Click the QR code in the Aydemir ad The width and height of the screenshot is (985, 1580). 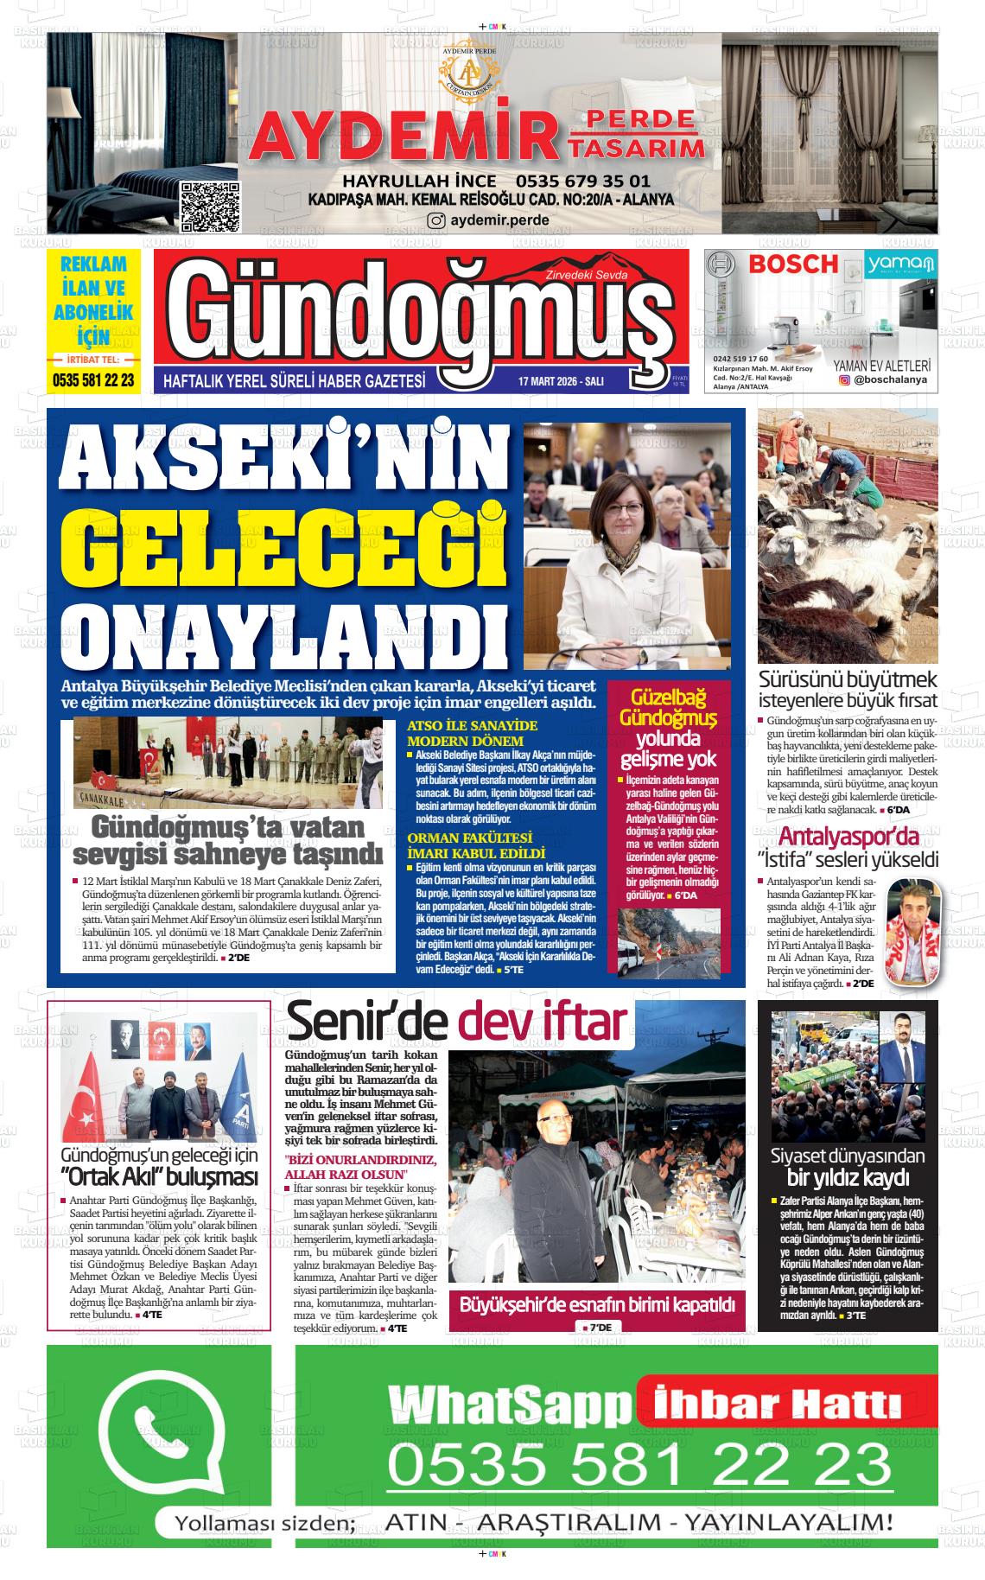pyautogui.click(x=209, y=208)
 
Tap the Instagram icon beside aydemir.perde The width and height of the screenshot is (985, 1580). pyautogui.click(x=437, y=220)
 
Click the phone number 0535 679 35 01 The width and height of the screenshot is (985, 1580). pyautogui.click(x=582, y=182)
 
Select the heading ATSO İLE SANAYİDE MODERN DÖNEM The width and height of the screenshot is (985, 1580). pyautogui.click(x=472, y=733)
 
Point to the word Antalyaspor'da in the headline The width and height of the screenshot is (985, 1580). pyautogui.click(x=848, y=838)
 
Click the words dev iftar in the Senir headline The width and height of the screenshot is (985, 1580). pyautogui.click(x=542, y=1023)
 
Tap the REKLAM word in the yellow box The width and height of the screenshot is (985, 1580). pyautogui.click(x=93, y=264)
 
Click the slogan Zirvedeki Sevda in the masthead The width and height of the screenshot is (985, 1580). pyautogui.click(x=584, y=275)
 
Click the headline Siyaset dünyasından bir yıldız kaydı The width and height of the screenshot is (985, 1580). pyautogui.click(x=848, y=1167)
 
